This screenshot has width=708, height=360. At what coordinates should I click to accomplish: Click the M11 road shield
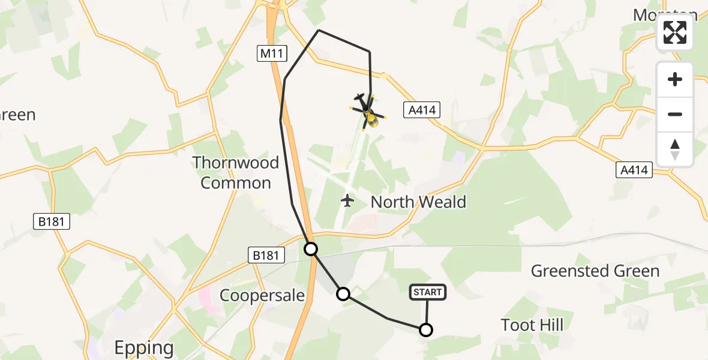(x=273, y=54)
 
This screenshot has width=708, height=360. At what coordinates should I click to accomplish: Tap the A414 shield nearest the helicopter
(x=422, y=110)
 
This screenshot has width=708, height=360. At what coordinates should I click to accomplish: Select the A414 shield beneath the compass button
(x=634, y=170)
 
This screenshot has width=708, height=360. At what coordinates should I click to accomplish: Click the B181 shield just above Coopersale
(x=265, y=256)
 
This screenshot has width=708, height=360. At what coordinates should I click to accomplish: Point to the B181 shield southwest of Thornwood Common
(x=52, y=222)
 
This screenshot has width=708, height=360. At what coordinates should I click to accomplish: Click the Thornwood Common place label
(x=236, y=172)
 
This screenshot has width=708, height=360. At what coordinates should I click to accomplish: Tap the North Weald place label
(x=418, y=202)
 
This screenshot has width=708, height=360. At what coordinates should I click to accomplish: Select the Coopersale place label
(x=262, y=295)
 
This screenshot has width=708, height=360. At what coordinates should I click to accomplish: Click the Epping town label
(x=144, y=347)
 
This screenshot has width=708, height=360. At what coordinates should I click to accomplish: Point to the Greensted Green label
(x=595, y=271)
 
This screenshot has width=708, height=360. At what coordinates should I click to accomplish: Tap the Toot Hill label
(x=532, y=325)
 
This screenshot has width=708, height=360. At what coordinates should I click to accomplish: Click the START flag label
(x=427, y=292)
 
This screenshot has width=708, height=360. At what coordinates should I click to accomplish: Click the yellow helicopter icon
(x=367, y=112)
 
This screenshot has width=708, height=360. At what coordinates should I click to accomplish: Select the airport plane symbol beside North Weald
(x=347, y=200)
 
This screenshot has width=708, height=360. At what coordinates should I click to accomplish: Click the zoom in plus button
(x=675, y=79)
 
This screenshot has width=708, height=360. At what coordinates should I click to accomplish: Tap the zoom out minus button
(x=675, y=114)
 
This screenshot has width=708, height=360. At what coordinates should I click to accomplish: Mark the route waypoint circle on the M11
(x=311, y=248)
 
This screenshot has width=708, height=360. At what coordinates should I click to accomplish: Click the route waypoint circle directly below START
(x=425, y=329)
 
